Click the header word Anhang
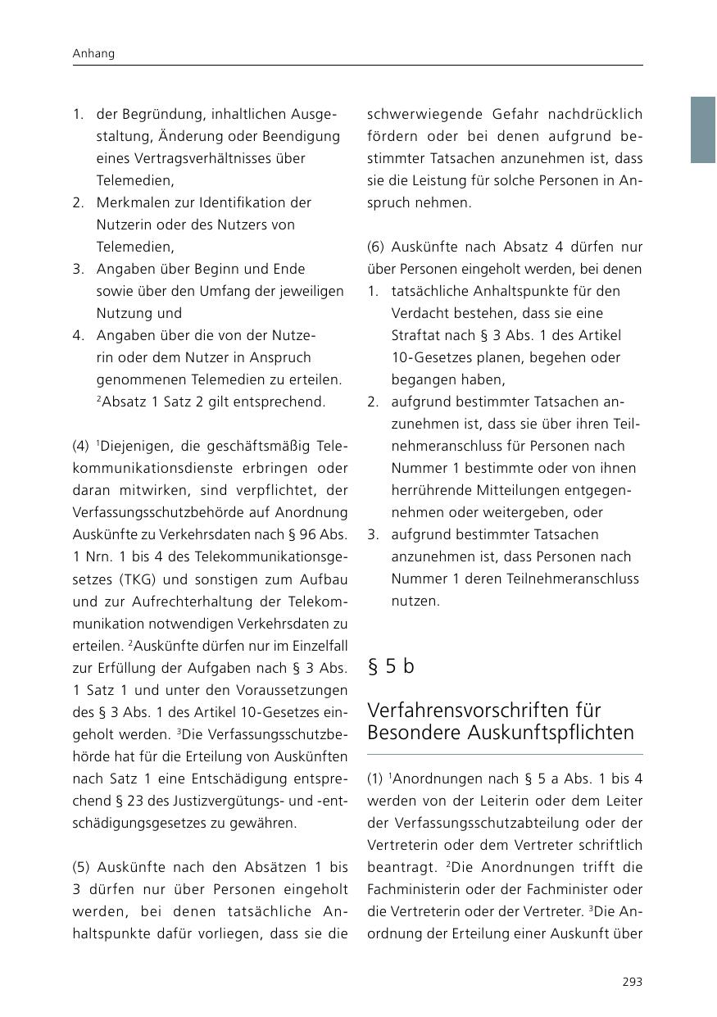click(93, 53)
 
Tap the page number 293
click(633, 982)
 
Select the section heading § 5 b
click(391, 666)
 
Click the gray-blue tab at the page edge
click(703, 129)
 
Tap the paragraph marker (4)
click(80, 447)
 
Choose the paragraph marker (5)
click(80, 867)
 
